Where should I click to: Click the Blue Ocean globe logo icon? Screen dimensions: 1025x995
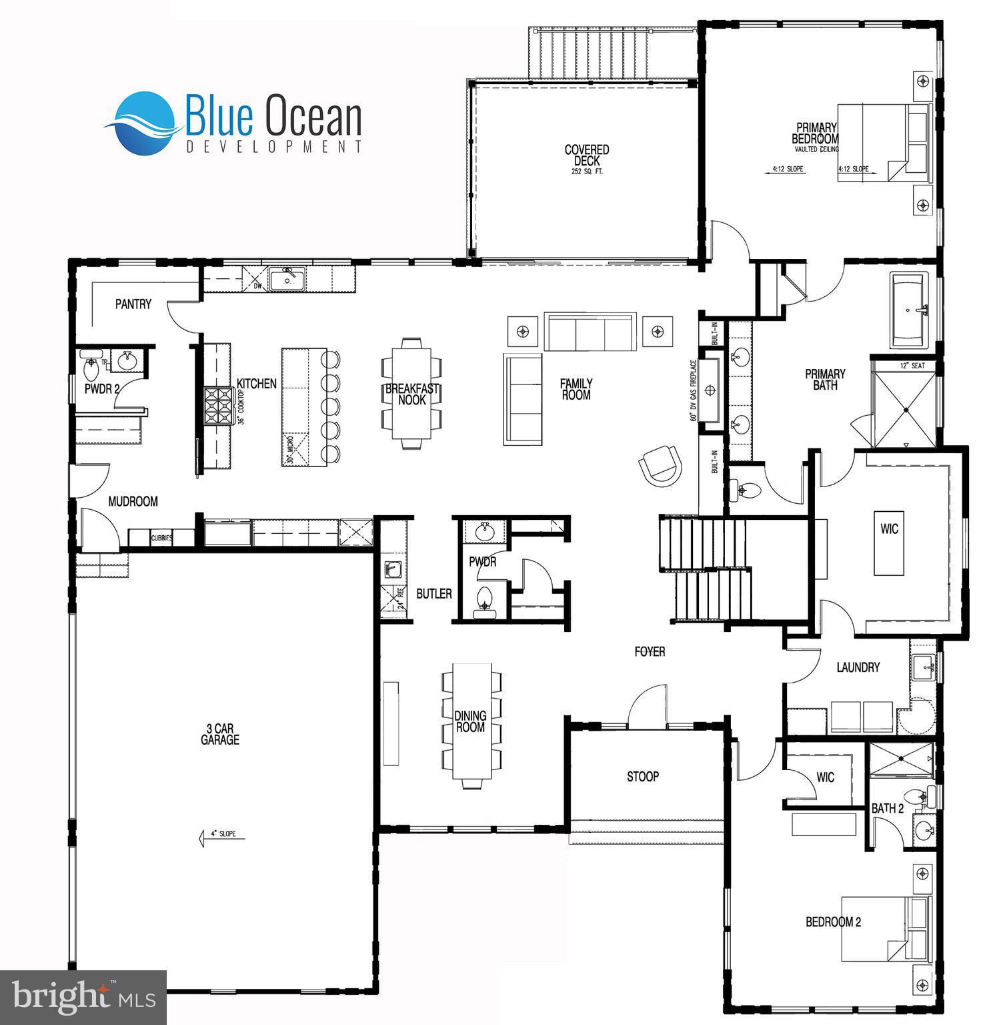[143, 123]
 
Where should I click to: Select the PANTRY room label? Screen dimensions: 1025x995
[133, 304]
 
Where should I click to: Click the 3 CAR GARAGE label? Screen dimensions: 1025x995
[220, 734]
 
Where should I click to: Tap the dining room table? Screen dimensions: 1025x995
[471, 721]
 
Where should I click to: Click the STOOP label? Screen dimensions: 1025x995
[643, 776]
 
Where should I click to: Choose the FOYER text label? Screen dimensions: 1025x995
[650, 651]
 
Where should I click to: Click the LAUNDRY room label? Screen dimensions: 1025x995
[858, 667]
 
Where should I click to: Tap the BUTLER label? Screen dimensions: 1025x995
[434, 593]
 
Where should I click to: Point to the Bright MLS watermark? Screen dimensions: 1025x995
[83, 998]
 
